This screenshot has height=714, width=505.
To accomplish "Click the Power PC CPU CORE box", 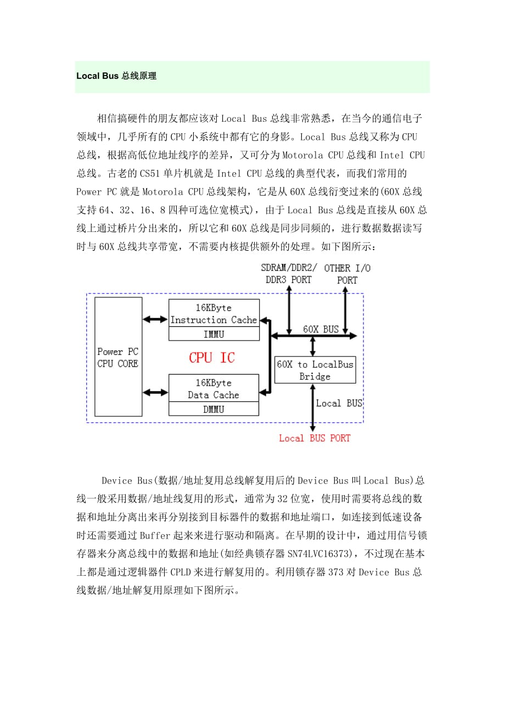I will pyautogui.click(x=118, y=356).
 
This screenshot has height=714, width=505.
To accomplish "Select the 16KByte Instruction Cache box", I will pyautogui.click(x=214, y=314).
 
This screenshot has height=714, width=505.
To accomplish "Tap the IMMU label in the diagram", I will pyautogui.click(x=214, y=334).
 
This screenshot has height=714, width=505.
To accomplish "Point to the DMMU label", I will pyautogui.click(x=214, y=409).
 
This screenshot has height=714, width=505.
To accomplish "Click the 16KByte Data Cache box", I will pyautogui.click(x=214, y=389).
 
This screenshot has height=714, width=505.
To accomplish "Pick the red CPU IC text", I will pyautogui.click(x=211, y=358).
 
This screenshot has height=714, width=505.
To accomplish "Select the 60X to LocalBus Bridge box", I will pyautogui.click(x=315, y=370).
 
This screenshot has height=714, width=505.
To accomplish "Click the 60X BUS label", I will pyautogui.click(x=321, y=330).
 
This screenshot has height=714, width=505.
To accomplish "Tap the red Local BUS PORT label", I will pyautogui.click(x=315, y=438).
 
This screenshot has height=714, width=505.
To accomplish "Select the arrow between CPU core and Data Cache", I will pyautogui.click(x=155, y=392).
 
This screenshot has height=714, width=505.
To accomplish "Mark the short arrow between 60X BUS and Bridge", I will pyautogui.click(x=313, y=346).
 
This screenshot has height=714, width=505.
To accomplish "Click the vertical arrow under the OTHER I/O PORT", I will pyautogui.click(x=345, y=309).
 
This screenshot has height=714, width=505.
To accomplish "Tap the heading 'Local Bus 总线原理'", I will pyautogui.click(x=116, y=76).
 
